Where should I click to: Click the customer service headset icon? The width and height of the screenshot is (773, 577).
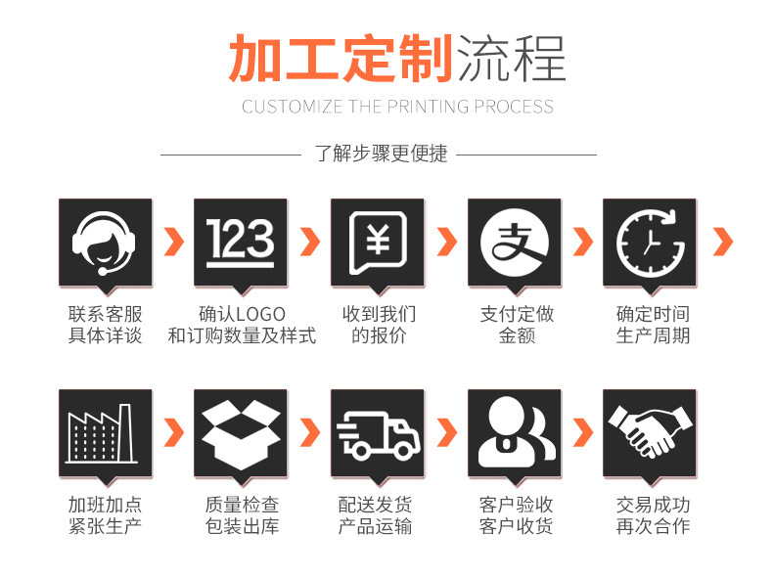[x=105, y=242]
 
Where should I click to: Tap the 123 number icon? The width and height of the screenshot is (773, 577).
[x=241, y=242]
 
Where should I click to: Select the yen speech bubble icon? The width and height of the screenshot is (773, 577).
[x=377, y=242]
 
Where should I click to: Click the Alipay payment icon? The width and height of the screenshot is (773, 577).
[x=514, y=242]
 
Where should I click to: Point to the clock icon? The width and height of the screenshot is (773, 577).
[x=649, y=242]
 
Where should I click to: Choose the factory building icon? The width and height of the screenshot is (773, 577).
[x=105, y=432]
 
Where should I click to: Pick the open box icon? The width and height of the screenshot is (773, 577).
[x=241, y=432]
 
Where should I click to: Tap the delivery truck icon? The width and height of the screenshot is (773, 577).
[x=377, y=432]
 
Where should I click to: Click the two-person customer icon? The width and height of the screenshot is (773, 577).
[x=514, y=432]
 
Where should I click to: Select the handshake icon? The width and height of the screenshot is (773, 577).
[x=649, y=432]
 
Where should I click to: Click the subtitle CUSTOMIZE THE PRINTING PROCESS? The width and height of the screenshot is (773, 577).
[x=397, y=107]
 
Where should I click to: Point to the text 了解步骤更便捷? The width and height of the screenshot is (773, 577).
[x=381, y=154]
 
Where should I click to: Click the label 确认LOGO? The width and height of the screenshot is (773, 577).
[x=242, y=314]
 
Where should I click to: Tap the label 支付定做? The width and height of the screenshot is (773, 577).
[x=517, y=314]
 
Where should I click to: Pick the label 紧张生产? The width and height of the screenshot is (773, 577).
[x=105, y=526]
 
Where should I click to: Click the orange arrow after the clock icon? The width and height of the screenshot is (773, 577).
[x=723, y=242]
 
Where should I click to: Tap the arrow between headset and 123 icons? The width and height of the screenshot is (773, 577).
[x=173, y=242]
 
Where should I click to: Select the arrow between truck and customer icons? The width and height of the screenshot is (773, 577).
[x=446, y=431]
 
